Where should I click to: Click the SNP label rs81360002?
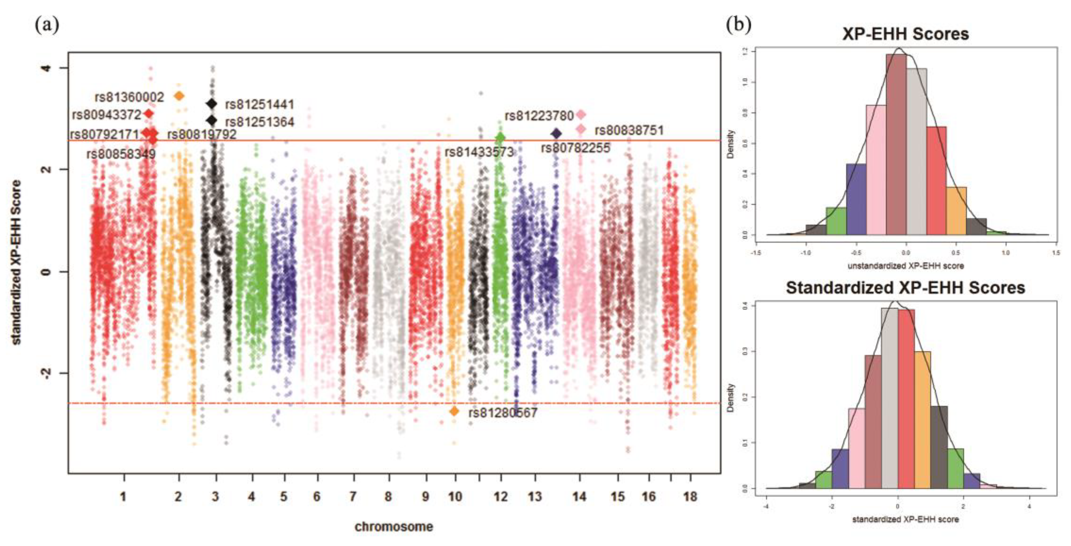[x=129, y=97]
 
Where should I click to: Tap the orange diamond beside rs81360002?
[x=179, y=96]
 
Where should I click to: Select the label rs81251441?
[x=259, y=104]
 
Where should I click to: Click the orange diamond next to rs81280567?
[x=454, y=411]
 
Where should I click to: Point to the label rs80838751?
[x=629, y=130]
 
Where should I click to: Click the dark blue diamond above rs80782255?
[x=556, y=134]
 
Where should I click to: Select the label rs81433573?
[x=479, y=152]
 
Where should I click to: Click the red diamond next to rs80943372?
[x=148, y=113]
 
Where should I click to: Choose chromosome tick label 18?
[x=690, y=497]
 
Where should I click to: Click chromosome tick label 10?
[x=455, y=497]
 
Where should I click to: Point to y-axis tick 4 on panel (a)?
[x=47, y=68]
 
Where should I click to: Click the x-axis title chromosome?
[x=394, y=527]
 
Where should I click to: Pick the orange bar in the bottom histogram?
[x=922, y=420]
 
